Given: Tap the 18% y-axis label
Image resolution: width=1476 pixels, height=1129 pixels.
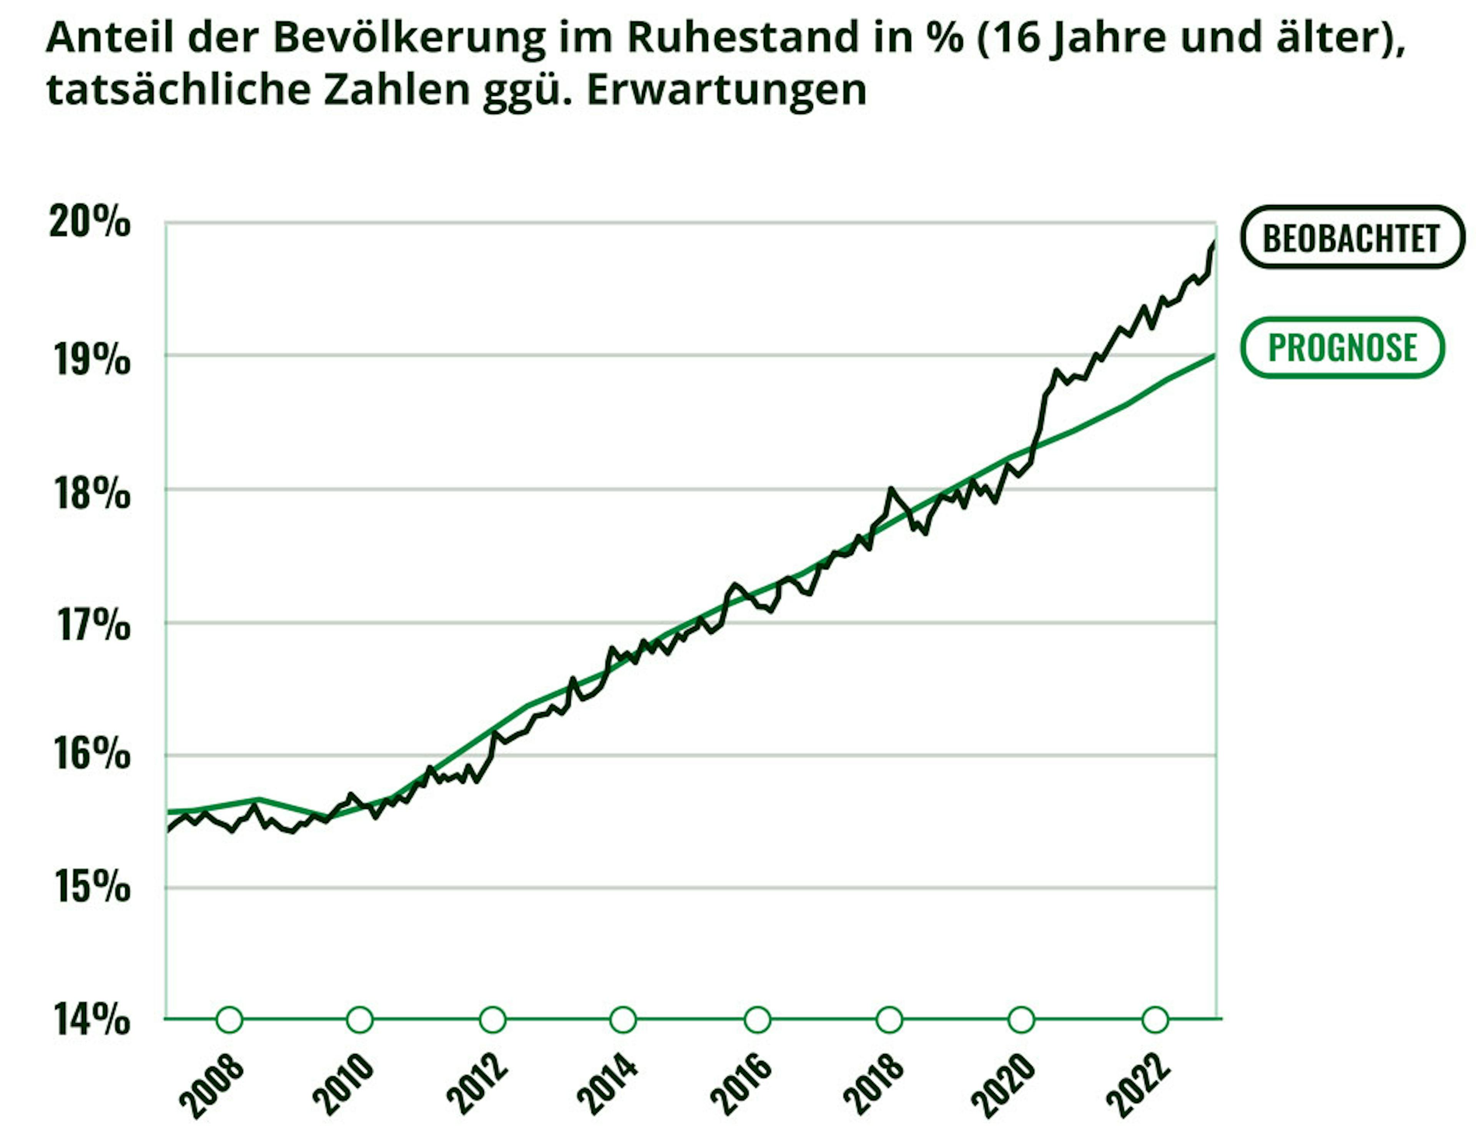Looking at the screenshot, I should tap(89, 494).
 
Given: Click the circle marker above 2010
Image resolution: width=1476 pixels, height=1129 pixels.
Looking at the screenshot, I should tap(360, 1019).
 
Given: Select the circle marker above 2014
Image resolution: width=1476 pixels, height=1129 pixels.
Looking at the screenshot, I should tap(623, 1019).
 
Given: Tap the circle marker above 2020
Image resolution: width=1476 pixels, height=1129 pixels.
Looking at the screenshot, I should tap(1021, 1019).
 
